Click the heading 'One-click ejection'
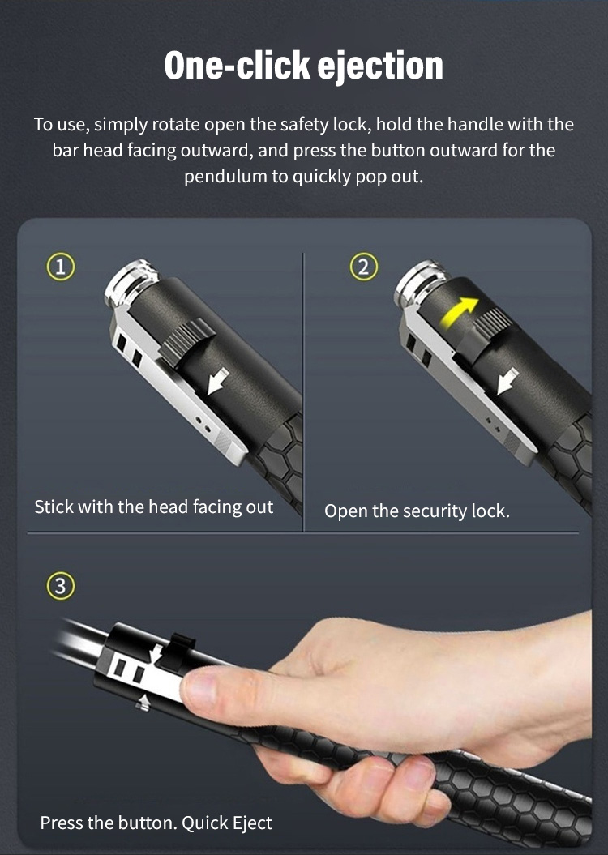304,66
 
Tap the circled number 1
60,267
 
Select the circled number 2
363,267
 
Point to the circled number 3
60,586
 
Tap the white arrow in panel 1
218,381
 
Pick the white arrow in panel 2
507,381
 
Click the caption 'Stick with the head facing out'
154,507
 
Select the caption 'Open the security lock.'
417,511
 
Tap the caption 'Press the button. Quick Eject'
156,823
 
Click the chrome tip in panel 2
420,282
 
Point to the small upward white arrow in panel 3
143,703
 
